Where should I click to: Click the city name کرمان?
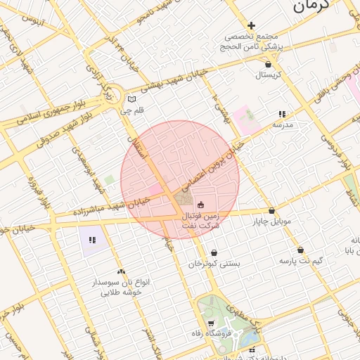click(x=310, y=6)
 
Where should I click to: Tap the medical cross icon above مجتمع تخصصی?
click(x=251, y=26)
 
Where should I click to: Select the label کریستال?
click(x=267, y=74)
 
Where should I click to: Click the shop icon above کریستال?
click(x=268, y=64)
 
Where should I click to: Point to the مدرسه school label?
click(x=283, y=124)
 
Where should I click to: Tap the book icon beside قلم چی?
click(x=132, y=99)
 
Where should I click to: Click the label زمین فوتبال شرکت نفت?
click(x=201, y=220)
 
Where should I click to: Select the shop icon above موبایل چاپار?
click(x=271, y=210)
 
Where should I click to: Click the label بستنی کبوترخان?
click(x=214, y=264)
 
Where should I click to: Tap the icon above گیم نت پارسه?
click(x=300, y=250)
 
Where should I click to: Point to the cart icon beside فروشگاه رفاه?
click(x=210, y=323)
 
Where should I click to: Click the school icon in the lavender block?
click(x=92, y=240)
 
